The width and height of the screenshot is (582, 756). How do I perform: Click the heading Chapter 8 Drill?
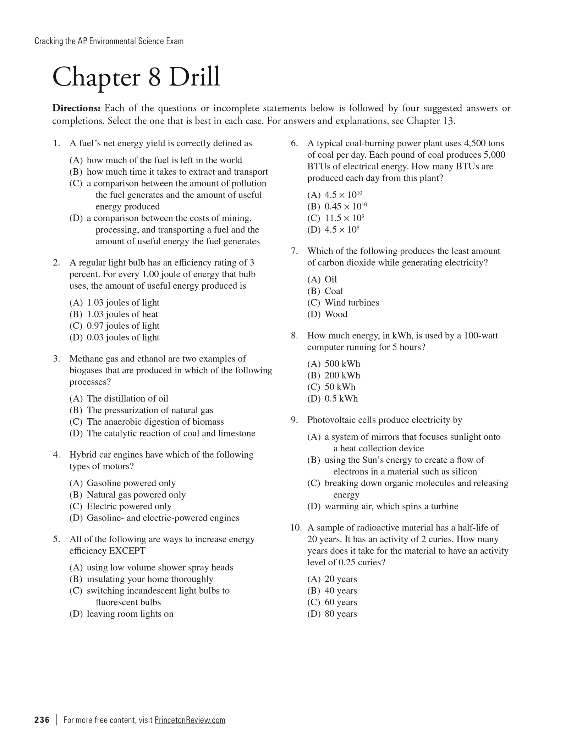click(136, 77)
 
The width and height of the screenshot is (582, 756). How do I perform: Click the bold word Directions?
click(77, 108)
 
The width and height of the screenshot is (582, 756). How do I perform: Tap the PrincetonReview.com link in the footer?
click(190, 720)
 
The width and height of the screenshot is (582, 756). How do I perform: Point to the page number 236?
click(42, 720)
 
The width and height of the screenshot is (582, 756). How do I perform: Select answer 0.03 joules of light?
click(123, 337)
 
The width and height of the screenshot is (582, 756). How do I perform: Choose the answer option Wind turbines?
click(352, 303)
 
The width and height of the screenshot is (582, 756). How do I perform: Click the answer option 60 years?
click(341, 602)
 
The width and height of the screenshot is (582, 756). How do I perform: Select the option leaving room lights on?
click(130, 614)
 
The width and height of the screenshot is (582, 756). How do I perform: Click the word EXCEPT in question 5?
click(127, 551)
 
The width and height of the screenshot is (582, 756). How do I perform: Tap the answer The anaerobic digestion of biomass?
click(155, 421)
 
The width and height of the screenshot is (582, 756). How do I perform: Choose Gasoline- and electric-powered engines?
click(163, 518)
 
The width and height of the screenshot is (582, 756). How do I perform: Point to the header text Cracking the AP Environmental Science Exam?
click(109, 41)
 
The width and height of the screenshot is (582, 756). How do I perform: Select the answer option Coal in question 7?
click(334, 291)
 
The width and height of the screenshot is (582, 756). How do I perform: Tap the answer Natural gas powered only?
click(136, 495)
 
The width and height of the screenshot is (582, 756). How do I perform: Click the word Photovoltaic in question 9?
click(329, 420)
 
